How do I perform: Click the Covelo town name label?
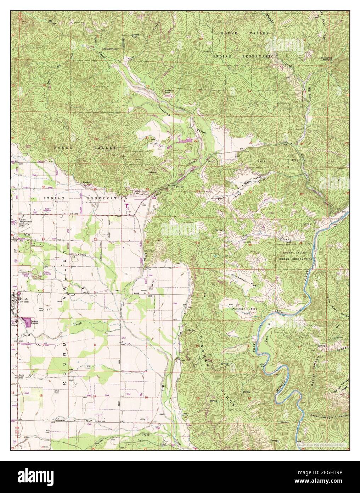pyautogui.click(x=24, y=299)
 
